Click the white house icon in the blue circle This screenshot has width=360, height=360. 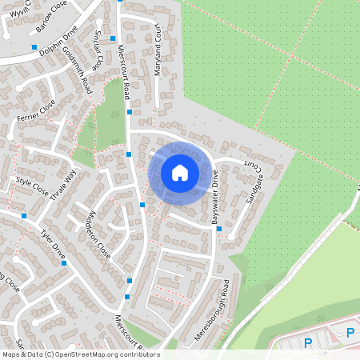[180, 172]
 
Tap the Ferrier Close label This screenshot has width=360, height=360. [36, 111]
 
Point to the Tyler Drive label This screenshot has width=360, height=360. [53, 246]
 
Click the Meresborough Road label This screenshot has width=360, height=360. [217, 310]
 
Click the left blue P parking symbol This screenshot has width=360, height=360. [308, 343]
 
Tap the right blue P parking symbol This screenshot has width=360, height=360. [350, 334]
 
